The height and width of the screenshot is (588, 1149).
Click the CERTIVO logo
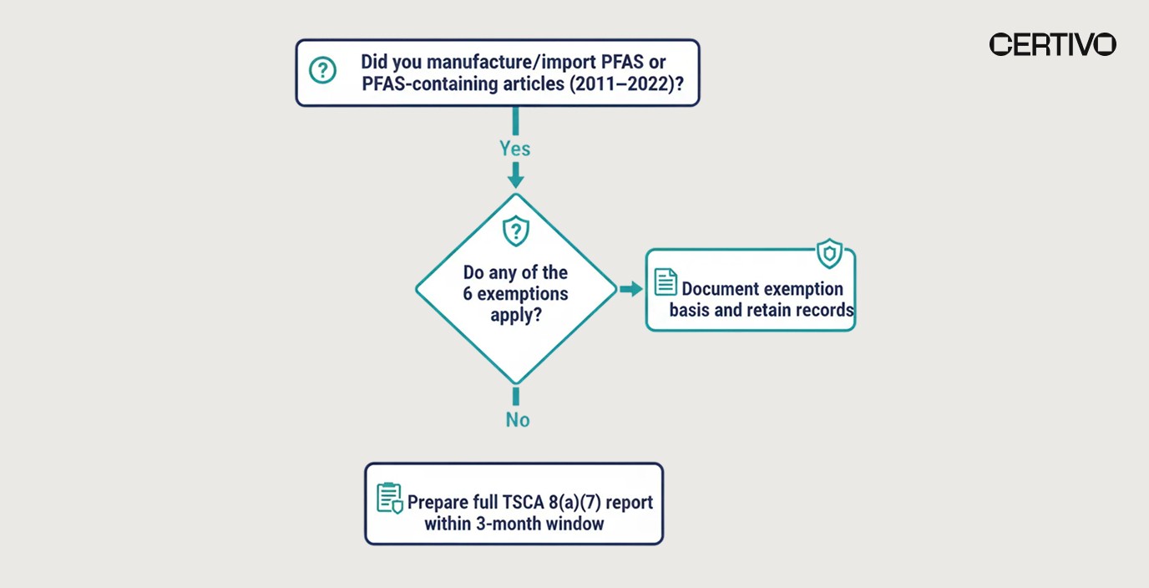(1052, 44)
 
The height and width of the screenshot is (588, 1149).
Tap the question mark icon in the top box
(322, 70)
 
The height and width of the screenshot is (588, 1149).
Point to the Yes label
(515, 149)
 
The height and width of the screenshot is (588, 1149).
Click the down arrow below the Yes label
(515, 177)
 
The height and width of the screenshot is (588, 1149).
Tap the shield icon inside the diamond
(515, 230)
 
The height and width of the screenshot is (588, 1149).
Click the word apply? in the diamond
(516, 316)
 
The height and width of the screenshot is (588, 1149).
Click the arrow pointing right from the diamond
(630, 289)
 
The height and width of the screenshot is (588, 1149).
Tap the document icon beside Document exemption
(666, 281)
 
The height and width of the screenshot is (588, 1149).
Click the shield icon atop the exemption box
(829, 253)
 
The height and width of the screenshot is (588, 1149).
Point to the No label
(518, 419)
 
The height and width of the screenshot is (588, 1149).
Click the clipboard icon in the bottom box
(389, 498)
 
